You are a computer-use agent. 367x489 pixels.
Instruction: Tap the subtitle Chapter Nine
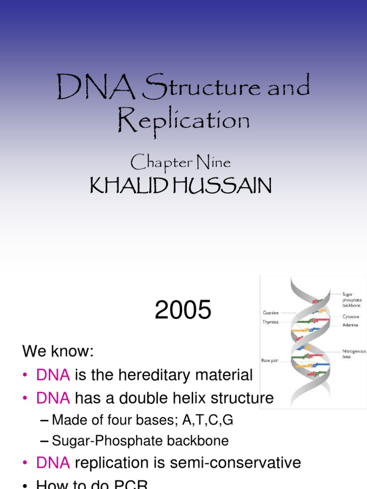coord(181,163)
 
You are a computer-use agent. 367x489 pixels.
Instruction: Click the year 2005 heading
coord(183,311)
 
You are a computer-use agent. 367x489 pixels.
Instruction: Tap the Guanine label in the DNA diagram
coord(270,313)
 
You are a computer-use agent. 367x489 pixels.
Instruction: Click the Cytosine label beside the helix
coord(350,317)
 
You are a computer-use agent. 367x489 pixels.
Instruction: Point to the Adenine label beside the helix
coord(350,325)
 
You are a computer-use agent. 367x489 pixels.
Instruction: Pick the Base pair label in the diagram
coord(270,360)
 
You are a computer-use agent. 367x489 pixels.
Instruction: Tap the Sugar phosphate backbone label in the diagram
coord(352,299)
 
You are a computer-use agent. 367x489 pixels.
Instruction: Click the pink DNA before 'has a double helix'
coord(53,398)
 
